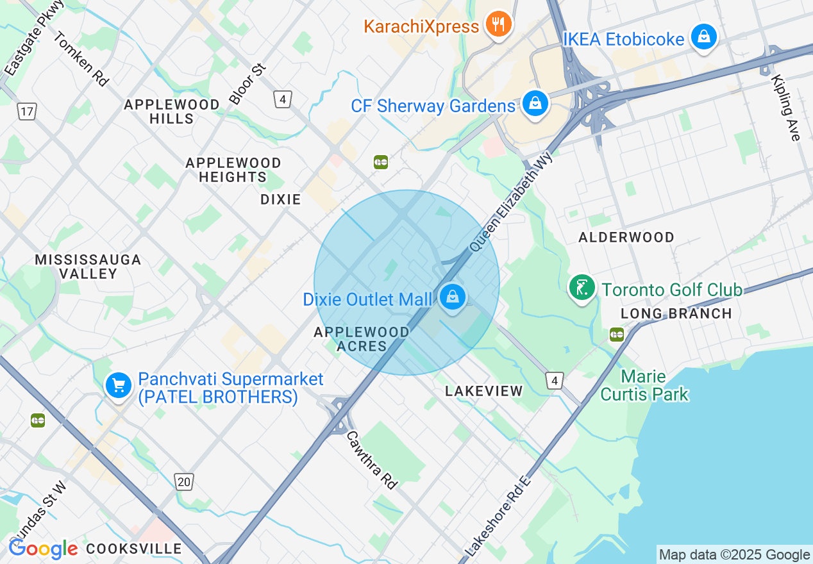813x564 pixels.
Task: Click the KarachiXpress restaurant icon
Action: click(498, 25)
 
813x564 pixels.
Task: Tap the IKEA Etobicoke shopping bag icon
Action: click(704, 38)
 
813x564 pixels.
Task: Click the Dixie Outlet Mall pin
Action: click(453, 297)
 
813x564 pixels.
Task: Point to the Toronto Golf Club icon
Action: click(582, 288)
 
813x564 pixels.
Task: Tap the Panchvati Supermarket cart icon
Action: click(119, 386)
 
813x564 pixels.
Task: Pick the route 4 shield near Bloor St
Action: click(283, 99)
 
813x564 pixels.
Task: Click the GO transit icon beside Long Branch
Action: click(617, 335)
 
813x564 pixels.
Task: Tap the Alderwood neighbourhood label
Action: click(626, 237)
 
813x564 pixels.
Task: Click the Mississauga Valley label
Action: click(88, 267)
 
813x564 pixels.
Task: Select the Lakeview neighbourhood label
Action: click(484, 391)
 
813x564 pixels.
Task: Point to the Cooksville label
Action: click(133, 549)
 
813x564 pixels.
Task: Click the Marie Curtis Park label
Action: click(644, 385)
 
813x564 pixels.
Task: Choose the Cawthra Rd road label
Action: click(372, 459)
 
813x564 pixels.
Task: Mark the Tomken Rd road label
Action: click(81, 59)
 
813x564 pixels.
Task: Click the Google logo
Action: click(43, 549)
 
